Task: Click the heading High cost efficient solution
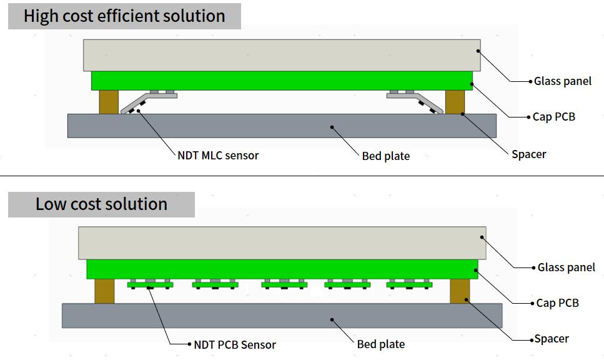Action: tap(124, 16)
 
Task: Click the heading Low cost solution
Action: tap(101, 204)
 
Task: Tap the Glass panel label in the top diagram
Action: tap(562, 81)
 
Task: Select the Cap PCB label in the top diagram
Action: tap(553, 117)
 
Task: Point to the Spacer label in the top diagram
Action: tap(528, 154)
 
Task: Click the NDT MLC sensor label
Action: tap(218, 155)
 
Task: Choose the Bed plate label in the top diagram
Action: tap(386, 156)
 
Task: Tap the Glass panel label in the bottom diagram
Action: tap(566, 267)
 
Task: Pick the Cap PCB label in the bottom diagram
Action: tap(557, 303)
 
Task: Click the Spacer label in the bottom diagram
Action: tap(552, 339)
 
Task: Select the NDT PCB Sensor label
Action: tap(235, 344)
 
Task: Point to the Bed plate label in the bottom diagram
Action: tap(381, 344)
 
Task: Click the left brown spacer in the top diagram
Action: tap(109, 102)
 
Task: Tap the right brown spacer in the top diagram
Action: tap(455, 102)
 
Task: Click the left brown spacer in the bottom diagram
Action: tap(104, 291)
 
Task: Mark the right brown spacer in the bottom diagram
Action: tap(460, 291)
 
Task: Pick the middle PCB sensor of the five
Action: tap(284, 285)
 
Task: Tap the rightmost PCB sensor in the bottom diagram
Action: tap(409, 285)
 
